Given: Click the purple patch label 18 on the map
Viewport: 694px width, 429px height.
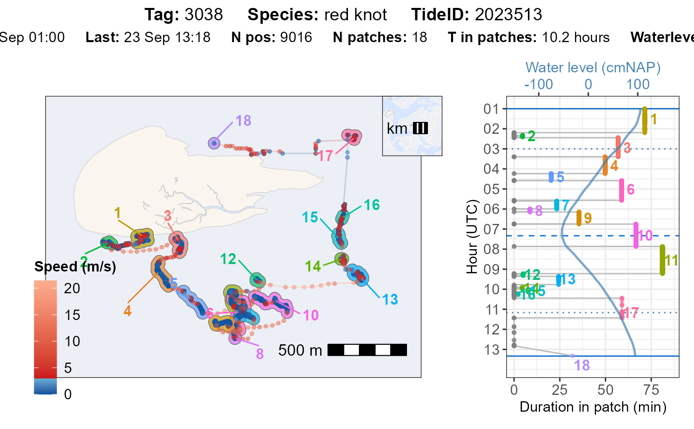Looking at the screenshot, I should click(x=243, y=121).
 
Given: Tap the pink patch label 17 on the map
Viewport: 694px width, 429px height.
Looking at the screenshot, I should click(x=325, y=156).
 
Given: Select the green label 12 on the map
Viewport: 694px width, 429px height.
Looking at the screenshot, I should click(x=228, y=258).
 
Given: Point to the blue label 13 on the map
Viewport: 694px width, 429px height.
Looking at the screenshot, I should click(x=390, y=300).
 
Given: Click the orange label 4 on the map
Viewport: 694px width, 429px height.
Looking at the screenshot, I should click(x=127, y=312).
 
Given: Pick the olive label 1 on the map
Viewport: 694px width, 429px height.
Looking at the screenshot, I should click(x=117, y=213).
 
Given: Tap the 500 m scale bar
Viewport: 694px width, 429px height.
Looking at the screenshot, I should click(x=367, y=350).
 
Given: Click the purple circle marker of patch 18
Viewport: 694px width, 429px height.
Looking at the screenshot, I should click(x=214, y=143).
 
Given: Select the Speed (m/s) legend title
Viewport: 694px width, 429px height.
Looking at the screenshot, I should click(x=75, y=267).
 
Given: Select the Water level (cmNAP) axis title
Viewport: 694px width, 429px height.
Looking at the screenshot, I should click(x=593, y=67).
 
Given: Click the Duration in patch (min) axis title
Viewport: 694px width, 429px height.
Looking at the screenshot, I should click(x=592, y=407).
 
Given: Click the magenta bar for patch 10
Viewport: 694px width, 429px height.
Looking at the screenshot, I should click(x=636, y=235).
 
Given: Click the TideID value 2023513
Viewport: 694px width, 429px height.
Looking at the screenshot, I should click(x=508, y=15).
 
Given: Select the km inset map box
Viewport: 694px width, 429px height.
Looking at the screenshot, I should click(x=412, y=126).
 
